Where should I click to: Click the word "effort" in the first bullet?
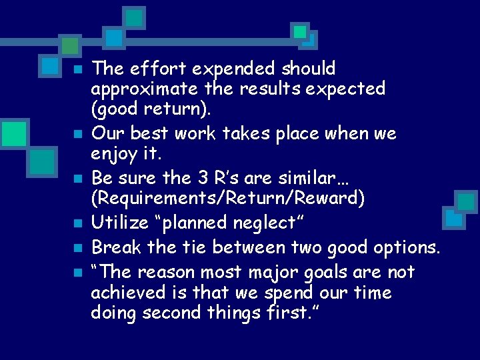tap(150, 69)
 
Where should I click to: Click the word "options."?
tap(406, 247)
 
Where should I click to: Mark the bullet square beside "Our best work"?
tap(77, 135)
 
